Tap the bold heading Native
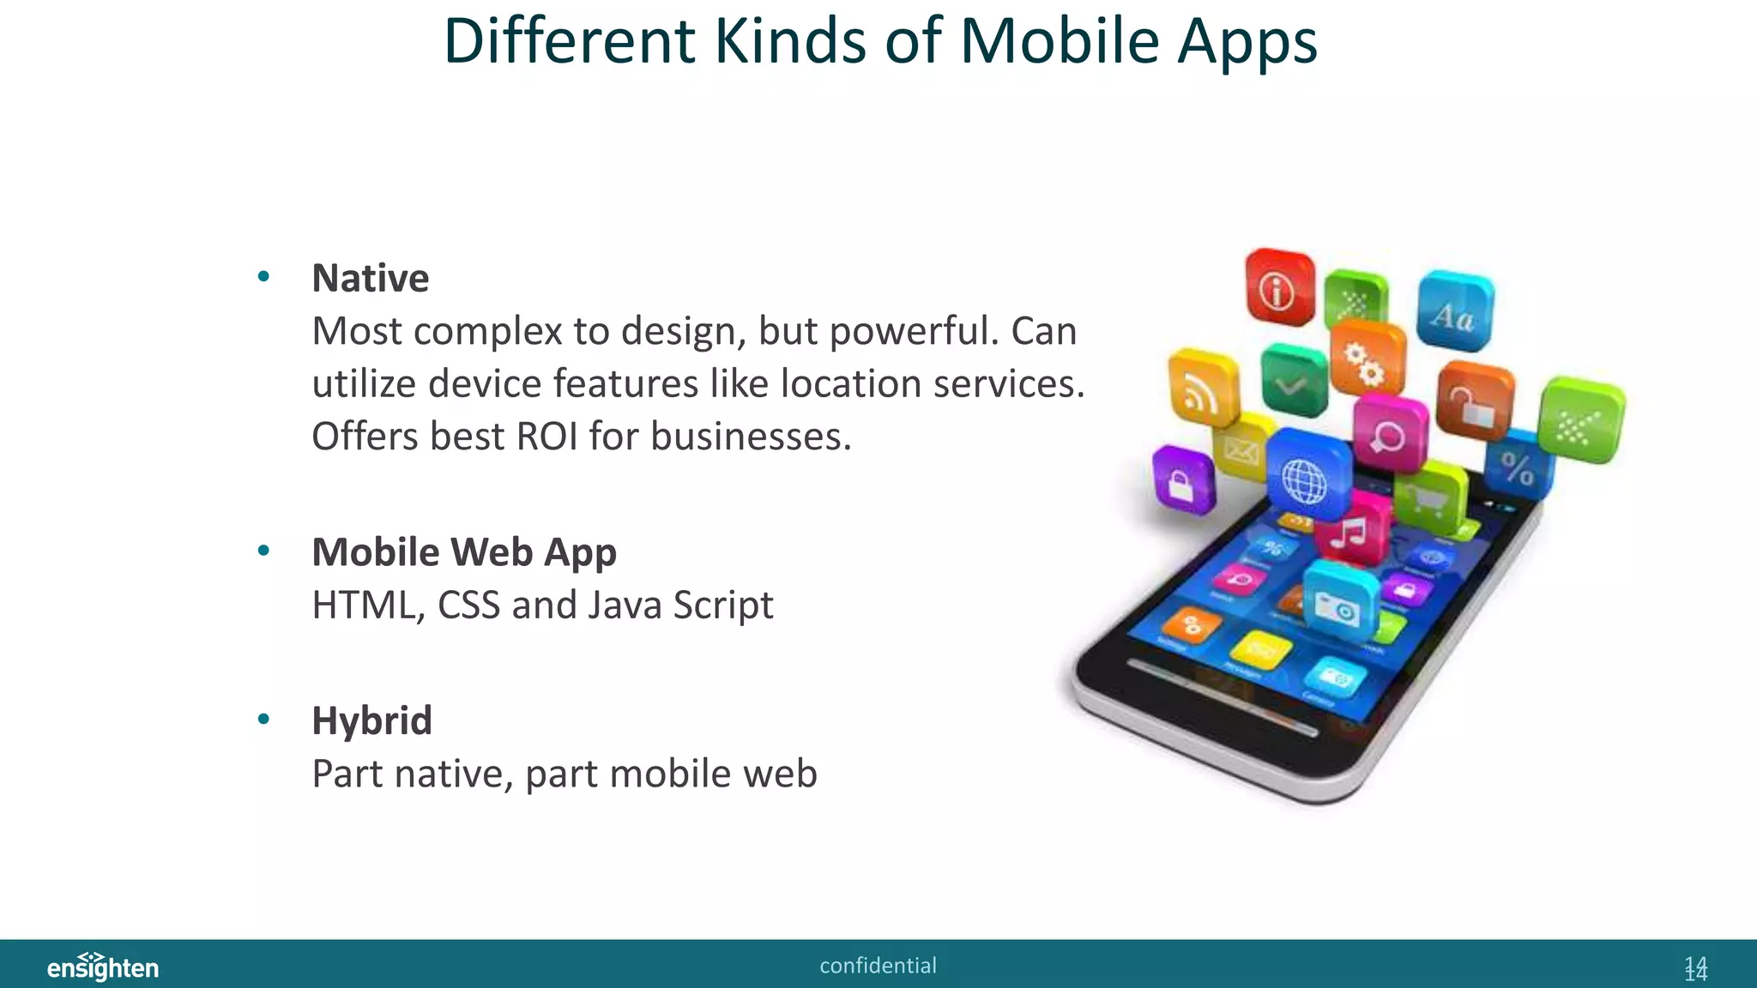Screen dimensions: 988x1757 click(x=370, y=279)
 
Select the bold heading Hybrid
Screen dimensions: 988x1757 click(x=371, y=720)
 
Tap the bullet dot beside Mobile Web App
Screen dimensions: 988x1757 click(x=263, y=551)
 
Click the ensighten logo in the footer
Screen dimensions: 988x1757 click(x=103, y=967)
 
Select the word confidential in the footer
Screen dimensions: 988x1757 click(x=878, y=966)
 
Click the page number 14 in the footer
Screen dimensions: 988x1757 click(x=1695, y=968)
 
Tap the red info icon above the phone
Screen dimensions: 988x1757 click(x=1278, y=289)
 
